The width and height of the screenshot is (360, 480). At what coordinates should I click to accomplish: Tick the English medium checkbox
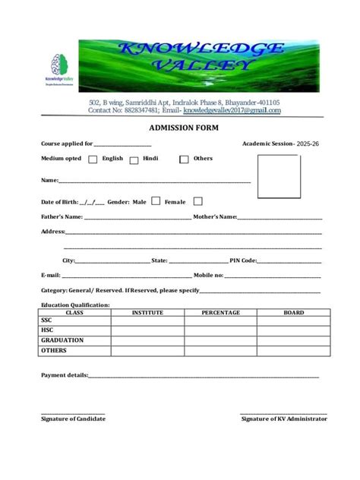coord(93,159)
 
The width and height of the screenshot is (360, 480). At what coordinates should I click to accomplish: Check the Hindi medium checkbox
coord(134,159)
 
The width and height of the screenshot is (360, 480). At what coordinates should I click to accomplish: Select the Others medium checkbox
coord(184,159)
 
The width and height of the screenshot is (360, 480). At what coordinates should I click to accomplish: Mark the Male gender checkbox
coord(156,202)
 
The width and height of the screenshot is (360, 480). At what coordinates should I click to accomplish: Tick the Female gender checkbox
coord(197,202)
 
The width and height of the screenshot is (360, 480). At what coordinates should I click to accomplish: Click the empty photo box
coord(277,175)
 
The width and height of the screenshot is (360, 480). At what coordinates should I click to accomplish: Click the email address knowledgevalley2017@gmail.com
coord(232,111)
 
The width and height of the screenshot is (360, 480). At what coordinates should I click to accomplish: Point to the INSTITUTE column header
coord(147,312)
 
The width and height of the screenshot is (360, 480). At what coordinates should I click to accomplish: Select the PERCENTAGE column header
coord(220,312)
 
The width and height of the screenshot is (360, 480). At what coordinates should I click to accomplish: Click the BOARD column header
coord(293,312)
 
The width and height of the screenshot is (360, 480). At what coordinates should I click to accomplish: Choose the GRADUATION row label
coord(62,341)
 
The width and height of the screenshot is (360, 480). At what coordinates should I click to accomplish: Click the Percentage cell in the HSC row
coord(220,331)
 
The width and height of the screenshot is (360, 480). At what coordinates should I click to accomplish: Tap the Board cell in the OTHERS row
coord(293,351)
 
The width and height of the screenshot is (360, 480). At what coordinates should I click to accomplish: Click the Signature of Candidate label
coord(73,418)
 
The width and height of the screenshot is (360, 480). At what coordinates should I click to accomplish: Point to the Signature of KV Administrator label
coord(284,418)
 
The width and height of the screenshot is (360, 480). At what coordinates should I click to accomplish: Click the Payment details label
coord(64,375)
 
